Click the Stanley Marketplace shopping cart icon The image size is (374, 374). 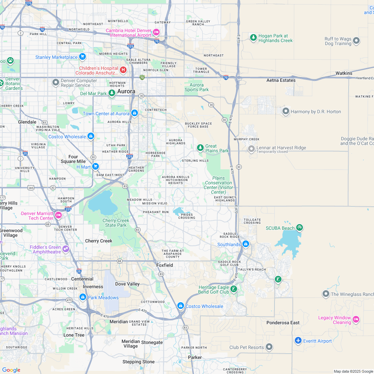(x=82, y=57)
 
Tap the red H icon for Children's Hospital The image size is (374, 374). (x=123, y=70)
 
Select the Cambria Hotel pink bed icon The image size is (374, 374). (x=156, y=32)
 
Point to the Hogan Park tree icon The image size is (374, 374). (x=253, y=37)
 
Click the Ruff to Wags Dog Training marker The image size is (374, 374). (x=356, y=41)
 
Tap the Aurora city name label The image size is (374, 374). (x=126, y=91)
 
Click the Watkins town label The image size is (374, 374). (x=344, y=73)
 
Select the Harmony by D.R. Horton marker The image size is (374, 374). (x=286, y=111)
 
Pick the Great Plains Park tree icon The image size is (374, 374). (x=200, y=148)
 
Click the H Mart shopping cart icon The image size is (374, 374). (x=96, y=166)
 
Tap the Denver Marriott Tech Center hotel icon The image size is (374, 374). (x=58, y=215)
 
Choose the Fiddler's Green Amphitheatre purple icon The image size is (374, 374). (x=65, y=248)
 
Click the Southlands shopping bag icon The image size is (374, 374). (x=245, y=244)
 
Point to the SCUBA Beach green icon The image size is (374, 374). (x=299, y=228)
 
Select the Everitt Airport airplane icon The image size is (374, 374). (x=298, y=340)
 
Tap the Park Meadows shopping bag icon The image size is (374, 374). (x=82, y=297)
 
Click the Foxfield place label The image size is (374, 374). (x=165, y=265)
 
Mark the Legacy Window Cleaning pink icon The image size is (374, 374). (x=356, y=319)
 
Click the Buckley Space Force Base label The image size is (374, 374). (x=198, y=125)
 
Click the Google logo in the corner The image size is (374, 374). (x=11, y=370)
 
